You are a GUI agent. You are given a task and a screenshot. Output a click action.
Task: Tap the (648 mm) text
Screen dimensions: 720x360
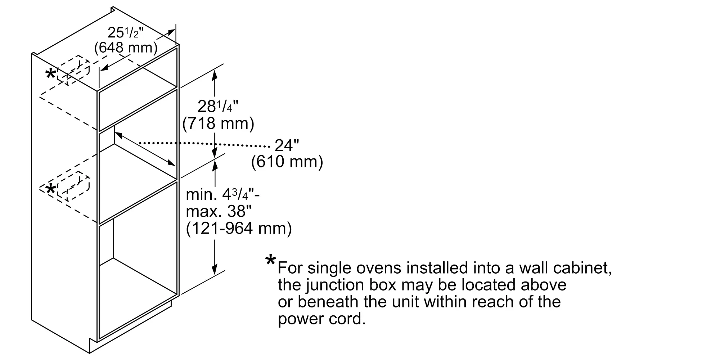[126, 48]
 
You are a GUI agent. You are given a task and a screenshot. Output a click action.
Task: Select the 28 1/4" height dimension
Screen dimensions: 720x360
[218, 107]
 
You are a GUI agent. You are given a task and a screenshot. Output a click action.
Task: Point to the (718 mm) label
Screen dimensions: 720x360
[218, 123]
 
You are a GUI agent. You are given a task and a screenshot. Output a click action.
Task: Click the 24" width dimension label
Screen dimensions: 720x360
[287, 145]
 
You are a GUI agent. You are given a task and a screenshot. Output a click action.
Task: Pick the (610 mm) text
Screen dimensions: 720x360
[287, 162]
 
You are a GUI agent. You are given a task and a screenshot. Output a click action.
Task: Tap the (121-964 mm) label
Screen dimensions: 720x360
[239, 228]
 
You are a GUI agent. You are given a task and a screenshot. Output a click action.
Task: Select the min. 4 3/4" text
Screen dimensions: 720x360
[223, 195]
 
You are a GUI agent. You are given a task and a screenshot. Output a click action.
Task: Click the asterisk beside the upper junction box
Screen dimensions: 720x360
[50, 75]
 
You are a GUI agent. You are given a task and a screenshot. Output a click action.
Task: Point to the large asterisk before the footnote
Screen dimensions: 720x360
[270, 260]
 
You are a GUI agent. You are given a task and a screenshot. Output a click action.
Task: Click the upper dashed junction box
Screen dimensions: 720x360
[73, 70]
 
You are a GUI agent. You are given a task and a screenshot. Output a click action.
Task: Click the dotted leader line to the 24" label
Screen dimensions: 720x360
[204, 145]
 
